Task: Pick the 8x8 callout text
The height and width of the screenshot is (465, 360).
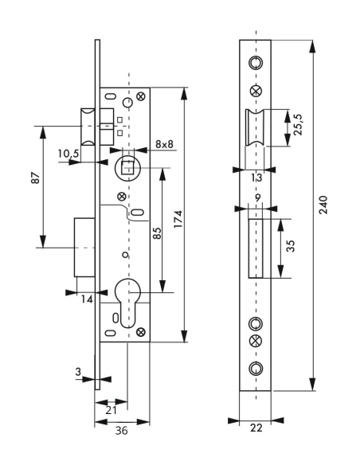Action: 165,144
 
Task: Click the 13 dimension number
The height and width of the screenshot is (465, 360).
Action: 254,178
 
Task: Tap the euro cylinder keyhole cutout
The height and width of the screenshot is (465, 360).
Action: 126,303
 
